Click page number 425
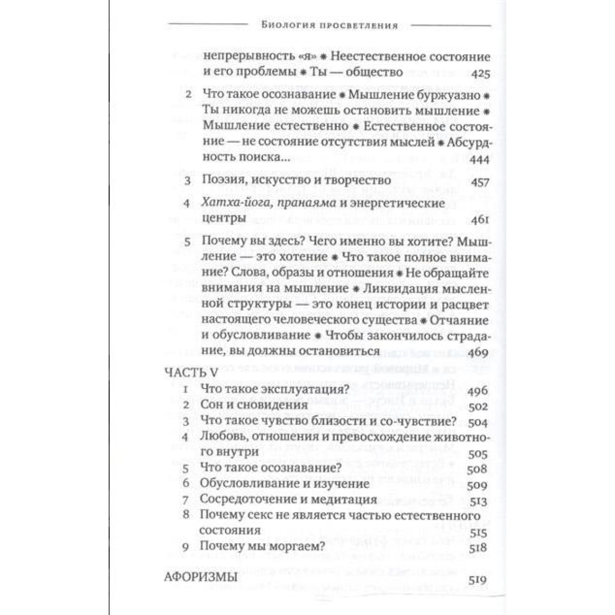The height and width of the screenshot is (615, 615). click(x=480, y=73)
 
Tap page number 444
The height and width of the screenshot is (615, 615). click(x=480, y=160)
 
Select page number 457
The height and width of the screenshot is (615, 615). click(x=480, y=181)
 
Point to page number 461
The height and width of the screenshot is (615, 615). click(x=480, y=220)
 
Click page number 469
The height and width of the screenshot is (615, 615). click(x=480, y=353)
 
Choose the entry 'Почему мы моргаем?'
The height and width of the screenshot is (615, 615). click(x=262, y=547)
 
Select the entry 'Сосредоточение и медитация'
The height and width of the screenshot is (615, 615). click(x=289, y=500)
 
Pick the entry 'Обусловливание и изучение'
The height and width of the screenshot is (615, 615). click(x=284, y=484)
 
